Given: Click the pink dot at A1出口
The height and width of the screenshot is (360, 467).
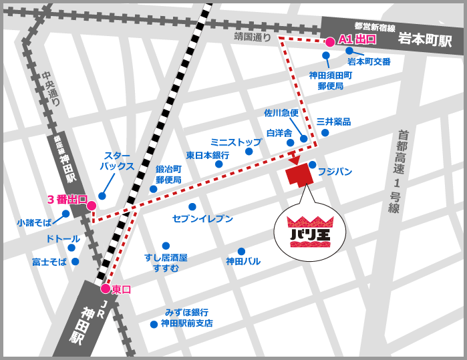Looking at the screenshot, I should pyautogui.click(x=329, y=41).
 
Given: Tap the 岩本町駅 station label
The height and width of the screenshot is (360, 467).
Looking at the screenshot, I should pyautogui.click(x=425, y=40).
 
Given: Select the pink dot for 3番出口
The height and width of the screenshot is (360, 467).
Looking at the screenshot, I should pyautogui.click(x=92, y=205).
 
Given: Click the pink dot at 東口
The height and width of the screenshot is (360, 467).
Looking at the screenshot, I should pyautogui.click(x=105, y=289).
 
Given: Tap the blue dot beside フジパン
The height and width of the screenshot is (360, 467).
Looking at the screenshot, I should pyautogui.click(x=312, y=164).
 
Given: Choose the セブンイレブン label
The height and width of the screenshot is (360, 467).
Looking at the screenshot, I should pyautogui.click(x=202, y=218).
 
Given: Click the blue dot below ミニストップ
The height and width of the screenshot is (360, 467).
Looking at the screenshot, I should pyautogui.click(x=249, y=152).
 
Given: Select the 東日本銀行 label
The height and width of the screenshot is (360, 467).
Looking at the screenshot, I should pyautogui.click(x=208, y=155).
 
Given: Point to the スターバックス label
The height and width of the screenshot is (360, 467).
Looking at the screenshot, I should pyautogui.click(x=117, y=160).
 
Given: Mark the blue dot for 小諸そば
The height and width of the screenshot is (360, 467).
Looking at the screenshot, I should pyautogui.click(x=65, y=214).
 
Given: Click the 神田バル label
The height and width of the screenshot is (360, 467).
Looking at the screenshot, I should pyautogui.click(x=243, y=261).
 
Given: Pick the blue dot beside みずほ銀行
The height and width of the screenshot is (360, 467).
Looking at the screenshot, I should pyautogui.click(x=154, y=324).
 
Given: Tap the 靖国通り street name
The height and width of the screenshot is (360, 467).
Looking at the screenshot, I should pyautogui.click(x=253, y=38).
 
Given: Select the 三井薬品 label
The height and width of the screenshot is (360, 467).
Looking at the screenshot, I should pyautogui.click(x=333, y=122).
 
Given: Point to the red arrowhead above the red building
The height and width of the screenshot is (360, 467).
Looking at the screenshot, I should pyautogui.click(x=293, y=162).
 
